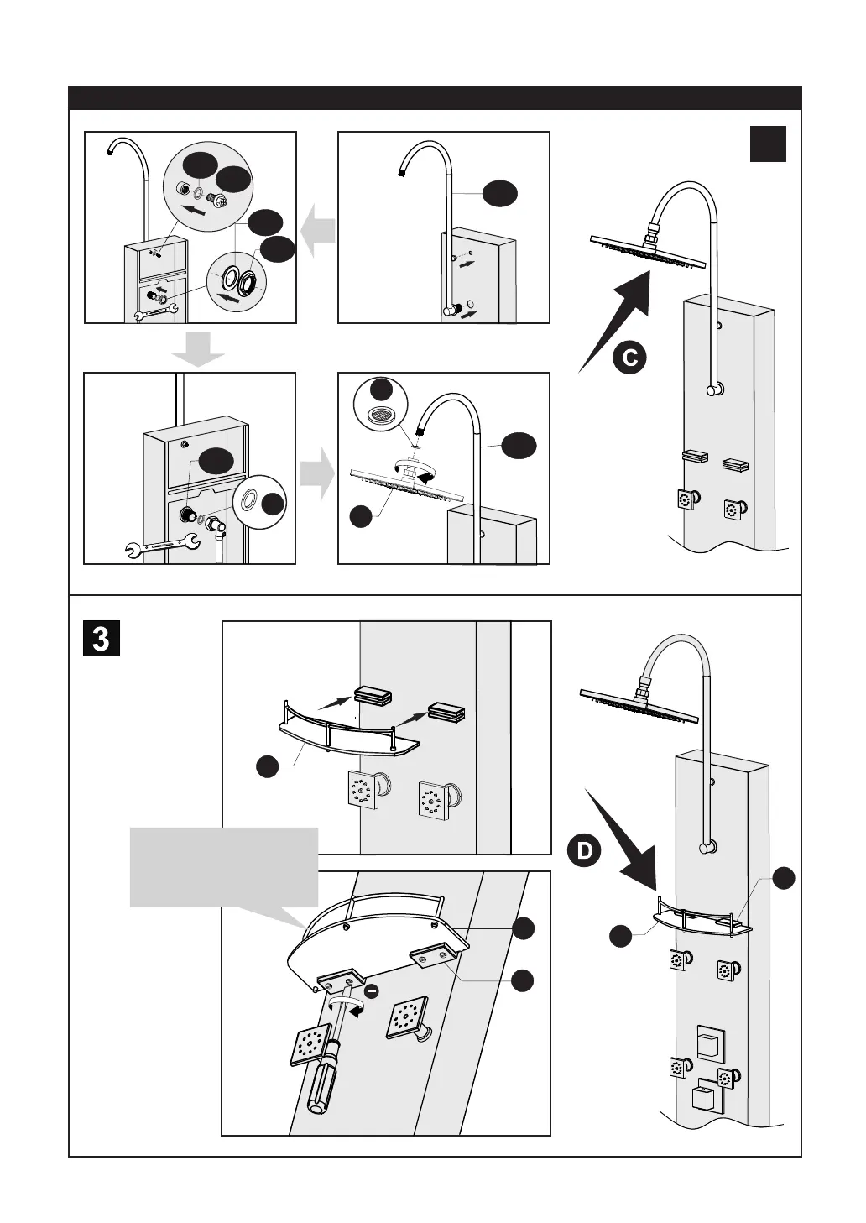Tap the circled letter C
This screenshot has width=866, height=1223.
coord(629,358)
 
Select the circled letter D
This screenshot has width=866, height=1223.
coord(584,851)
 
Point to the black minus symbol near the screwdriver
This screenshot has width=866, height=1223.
coord(373,991)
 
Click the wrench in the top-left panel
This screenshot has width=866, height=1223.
coord(157,314)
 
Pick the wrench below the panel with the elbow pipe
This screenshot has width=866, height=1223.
coord(161,547)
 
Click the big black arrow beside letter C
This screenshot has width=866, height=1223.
coord(618,322)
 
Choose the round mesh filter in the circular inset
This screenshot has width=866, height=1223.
coord(382,415)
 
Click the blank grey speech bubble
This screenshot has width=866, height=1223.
coord(224,867)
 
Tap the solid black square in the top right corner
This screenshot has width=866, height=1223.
coord(768,144)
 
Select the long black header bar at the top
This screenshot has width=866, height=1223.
coord(435,97)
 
